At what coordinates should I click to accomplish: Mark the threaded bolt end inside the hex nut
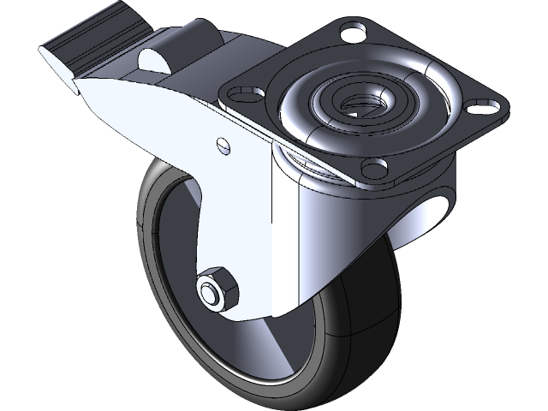209,292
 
